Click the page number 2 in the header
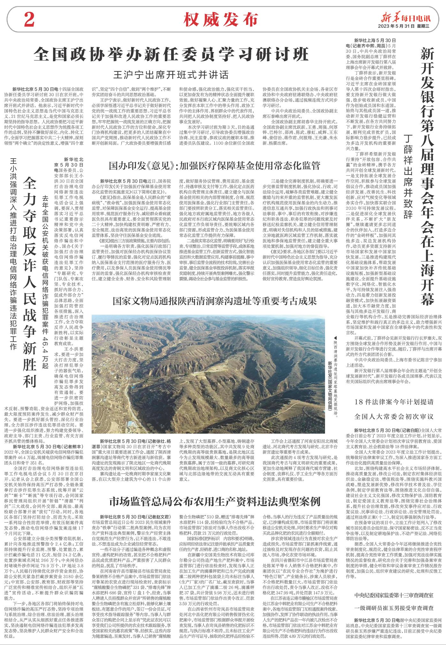coord(29,20)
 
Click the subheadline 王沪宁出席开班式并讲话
coord(172,75)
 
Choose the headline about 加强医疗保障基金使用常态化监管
coord(214,165)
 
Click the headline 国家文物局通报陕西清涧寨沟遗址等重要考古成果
coord(214,301)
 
